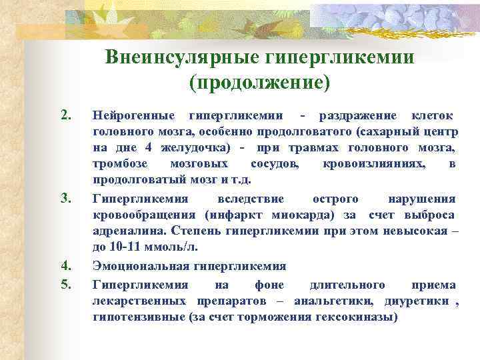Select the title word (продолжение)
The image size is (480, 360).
coord(259,82)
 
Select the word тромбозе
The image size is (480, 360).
coord(120,164)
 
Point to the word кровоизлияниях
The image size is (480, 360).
coord(379,164)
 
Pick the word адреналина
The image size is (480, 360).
coord(129,231)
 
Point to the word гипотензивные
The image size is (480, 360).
coord(139,317)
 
